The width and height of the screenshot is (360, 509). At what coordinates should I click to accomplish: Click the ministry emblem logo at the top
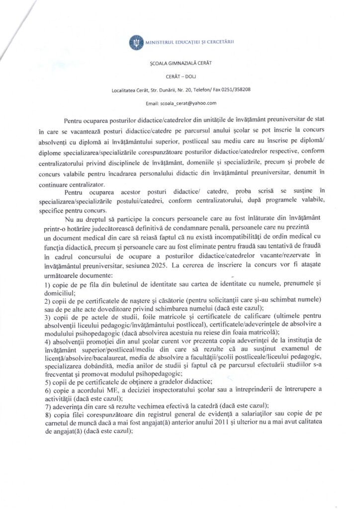tap(135, 41)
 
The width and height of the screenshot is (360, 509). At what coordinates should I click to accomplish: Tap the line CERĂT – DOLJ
tap(180, 77)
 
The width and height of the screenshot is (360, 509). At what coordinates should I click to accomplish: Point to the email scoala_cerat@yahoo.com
tap(188, 103)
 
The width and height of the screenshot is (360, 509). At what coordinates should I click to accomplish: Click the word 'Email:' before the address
tap(153, 103)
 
